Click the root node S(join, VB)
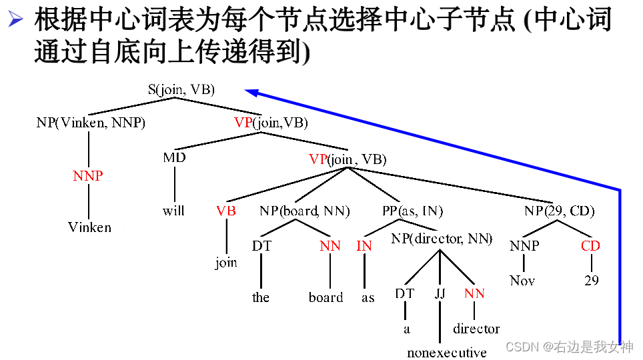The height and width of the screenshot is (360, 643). [181, 90]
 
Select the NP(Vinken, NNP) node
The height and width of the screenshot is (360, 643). [91, 123]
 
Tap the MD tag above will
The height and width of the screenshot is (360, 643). [174, 158]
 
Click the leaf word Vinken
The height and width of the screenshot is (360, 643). [90, 227]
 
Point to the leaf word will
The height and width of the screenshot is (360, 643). [173, 211]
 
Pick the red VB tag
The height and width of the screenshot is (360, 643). [226, 211]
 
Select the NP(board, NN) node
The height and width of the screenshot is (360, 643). [305, 211]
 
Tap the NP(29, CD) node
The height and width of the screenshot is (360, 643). [559, 211]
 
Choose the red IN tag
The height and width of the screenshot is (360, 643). [364, 246]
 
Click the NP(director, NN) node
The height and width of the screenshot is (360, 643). [442, 239]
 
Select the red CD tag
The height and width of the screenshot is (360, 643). [591, 246]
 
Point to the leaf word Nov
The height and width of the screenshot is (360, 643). [522, 281]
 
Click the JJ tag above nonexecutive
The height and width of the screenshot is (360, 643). [440, 293]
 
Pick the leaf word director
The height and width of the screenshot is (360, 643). [476, 329]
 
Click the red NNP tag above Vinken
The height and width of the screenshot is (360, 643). [88, 176]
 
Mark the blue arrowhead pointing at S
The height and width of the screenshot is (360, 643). [250, 92]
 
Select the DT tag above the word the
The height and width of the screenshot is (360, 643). [260, 246]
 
